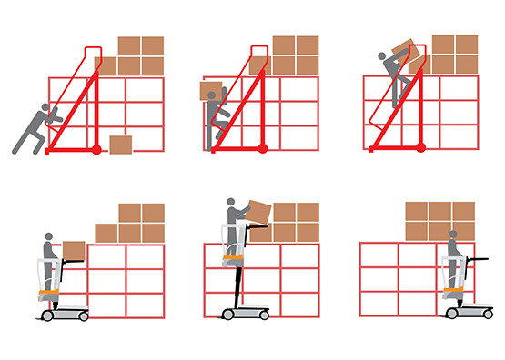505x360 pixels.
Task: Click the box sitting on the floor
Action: tap(120, 145)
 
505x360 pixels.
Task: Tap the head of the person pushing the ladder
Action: tap(44, 111)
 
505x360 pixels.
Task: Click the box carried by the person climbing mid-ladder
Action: tap(212, 91)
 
